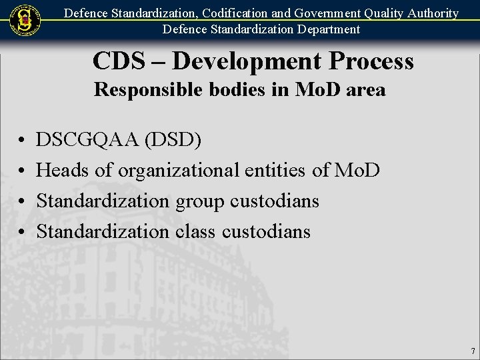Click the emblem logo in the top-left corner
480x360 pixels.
click(25, 19)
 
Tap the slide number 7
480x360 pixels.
click(473, 351)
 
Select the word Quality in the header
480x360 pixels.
click(379, 13)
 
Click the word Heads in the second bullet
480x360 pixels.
click(63, 170)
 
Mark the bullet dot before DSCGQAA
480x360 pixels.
click(21, 140)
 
